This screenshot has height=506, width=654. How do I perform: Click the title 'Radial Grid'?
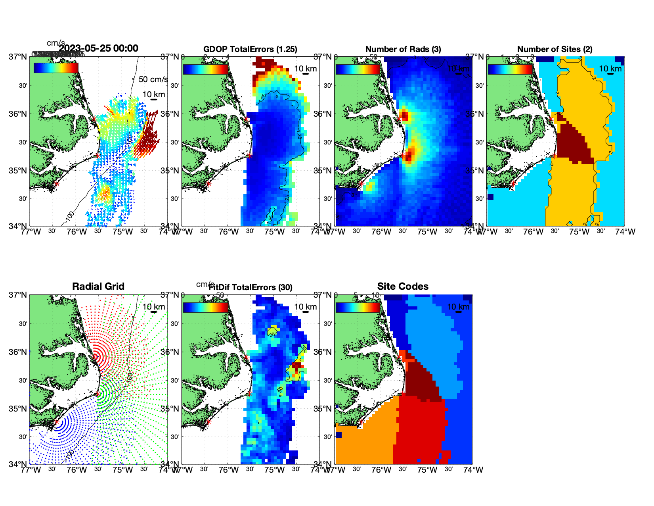pyautogui.click(x=98, y=287)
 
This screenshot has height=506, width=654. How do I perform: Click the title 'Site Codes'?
pyautogui.click(x=403, y=287)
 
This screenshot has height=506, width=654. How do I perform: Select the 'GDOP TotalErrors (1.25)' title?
pyautogui.click(x=250, y=49)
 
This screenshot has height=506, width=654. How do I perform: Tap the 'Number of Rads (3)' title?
pyautogui.click(x=403, y=49)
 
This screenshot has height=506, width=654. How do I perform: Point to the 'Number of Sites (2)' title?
pyautogui.click(x=555, y=49)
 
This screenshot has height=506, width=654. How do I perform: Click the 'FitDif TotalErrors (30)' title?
pyautogui.click(x=251, y=287)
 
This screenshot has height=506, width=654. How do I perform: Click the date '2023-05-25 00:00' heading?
pyautogui.click(x=99, y=48)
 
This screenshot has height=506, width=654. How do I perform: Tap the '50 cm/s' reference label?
pyautogui.click(x=153, y=79)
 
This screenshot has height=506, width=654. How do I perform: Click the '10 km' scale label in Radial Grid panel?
pyautogui.click(x=154, y=307)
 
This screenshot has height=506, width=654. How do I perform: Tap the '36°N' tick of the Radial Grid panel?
pyautogui.click(x=18, y=352)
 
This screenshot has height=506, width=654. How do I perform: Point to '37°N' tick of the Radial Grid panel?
pyautogui.click(x=18, y=295)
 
